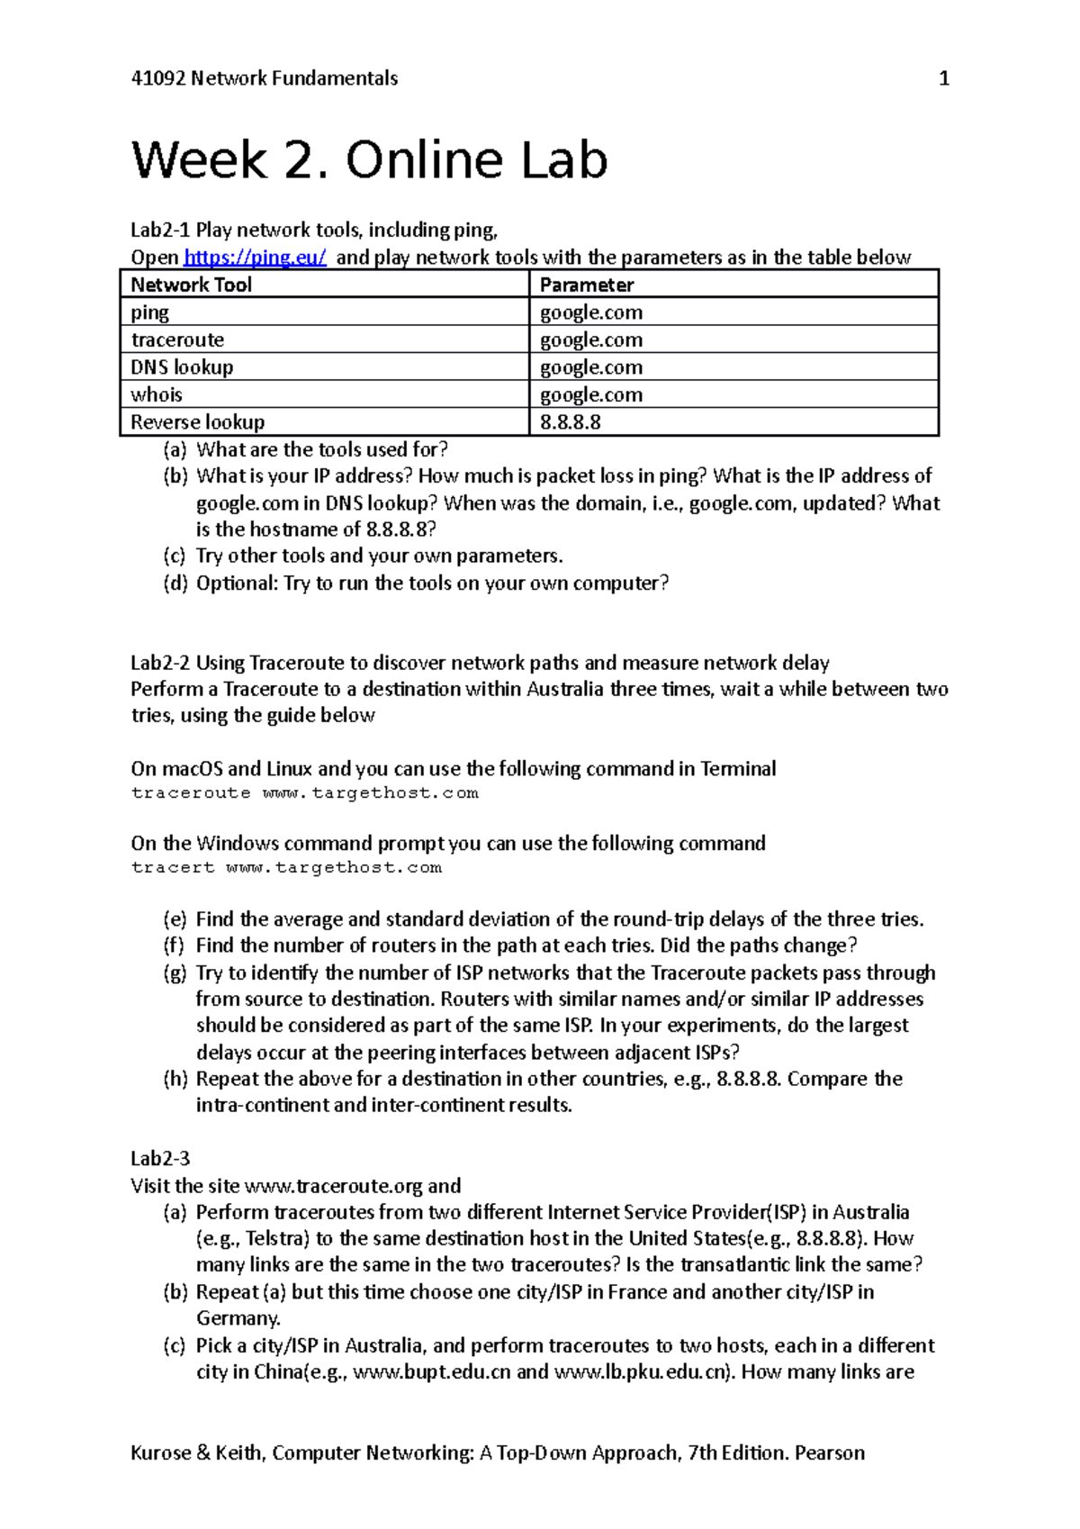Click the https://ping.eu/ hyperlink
255,258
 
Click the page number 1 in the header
943,79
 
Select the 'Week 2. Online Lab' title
369,160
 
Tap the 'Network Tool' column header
191,285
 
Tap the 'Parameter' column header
586,285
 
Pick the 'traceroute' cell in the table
177,340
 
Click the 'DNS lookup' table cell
182,367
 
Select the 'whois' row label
157,395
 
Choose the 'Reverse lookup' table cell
197,422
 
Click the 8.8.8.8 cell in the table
570,422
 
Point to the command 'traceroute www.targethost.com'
304,793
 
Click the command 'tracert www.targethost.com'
286,868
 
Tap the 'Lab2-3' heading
160,1159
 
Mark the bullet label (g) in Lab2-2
175,973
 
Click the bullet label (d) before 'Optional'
175,584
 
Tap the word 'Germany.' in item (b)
238,1318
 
